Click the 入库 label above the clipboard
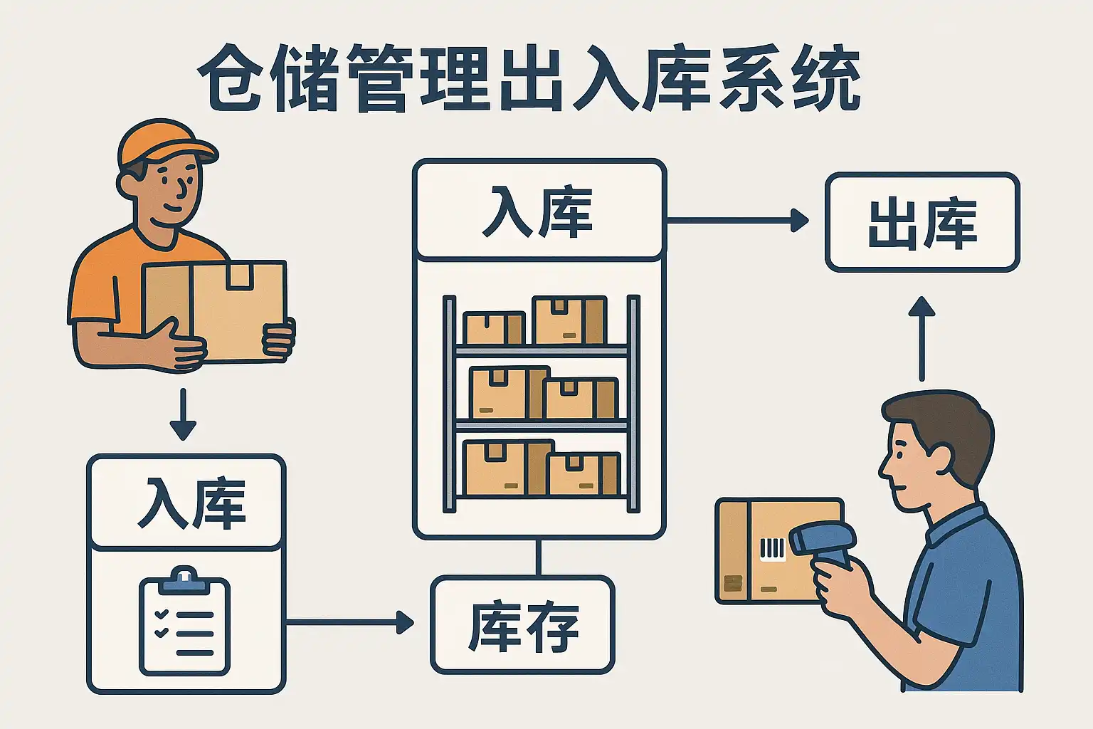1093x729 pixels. (186, 503)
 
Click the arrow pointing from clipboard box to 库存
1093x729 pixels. (349, 622)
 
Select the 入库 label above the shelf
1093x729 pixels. (539, 211)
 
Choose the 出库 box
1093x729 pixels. (922, 223)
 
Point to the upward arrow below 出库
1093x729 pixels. (922, 338)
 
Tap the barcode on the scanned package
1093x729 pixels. (771, 548)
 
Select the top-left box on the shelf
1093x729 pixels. (492, 328)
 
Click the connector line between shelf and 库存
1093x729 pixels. (539, 557)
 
